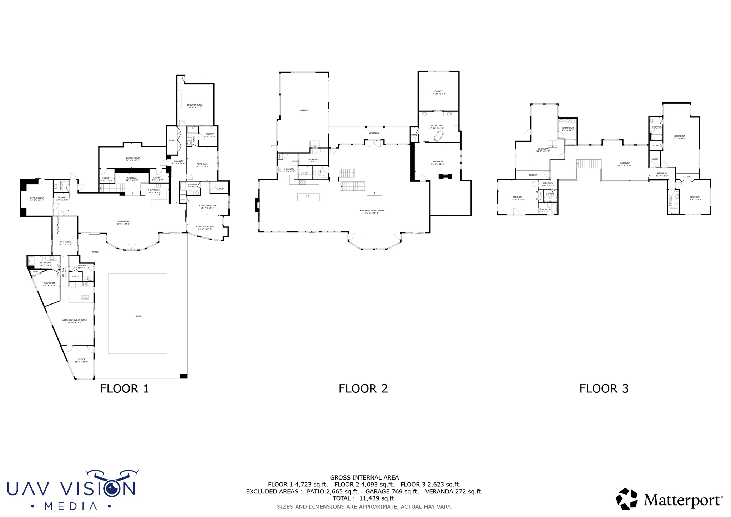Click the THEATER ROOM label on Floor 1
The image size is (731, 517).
(x=195, y=105)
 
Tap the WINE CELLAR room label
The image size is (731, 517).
(x=37, y=198)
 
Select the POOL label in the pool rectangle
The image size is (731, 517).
(x=138, y=316)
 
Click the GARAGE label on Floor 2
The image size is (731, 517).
(x=304, y=110)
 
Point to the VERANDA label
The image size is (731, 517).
(x=374, y=133)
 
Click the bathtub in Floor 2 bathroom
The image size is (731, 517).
(x=438, y=136)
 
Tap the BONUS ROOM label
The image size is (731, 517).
(x=132, y=158)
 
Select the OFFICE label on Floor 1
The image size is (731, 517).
(x=81, y=360)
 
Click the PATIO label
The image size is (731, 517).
(x=95, y=252)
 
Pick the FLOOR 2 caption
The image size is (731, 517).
(x=363, y=388)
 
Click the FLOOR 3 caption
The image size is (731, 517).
(x=604, y=388)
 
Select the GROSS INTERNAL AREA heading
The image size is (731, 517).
(x=364, y=477)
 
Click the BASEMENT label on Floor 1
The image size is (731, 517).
(x=123, y=221)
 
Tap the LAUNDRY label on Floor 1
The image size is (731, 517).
(x=81, y=266)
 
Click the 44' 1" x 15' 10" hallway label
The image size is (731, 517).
(x=625, y=165)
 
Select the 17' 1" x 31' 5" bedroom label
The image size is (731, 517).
(x=679, y=138)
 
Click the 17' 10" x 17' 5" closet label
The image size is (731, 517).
(x=438, y=94)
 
